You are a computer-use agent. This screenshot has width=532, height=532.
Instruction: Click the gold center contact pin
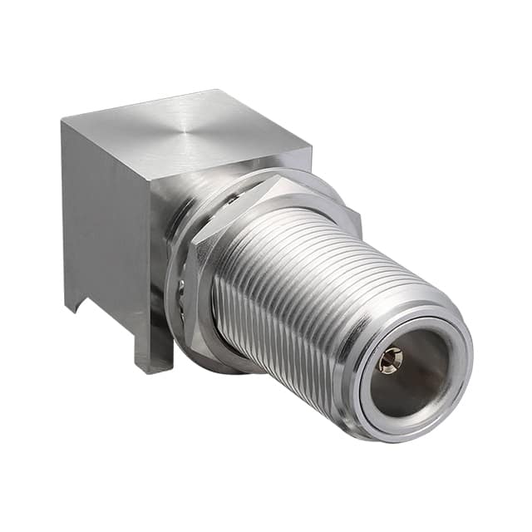(x=390, y=360)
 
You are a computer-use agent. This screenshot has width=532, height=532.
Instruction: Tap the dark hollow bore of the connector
(x=416, y=370)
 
